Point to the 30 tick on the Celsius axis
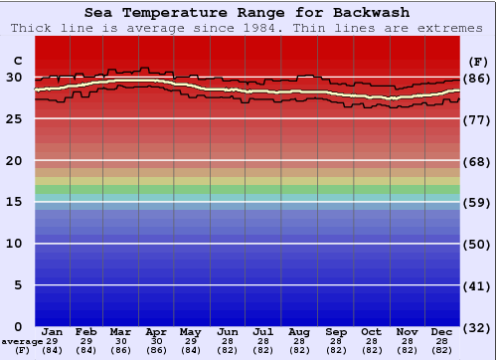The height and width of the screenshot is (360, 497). [14, 78]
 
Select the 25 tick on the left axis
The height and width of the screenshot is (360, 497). [14, 119]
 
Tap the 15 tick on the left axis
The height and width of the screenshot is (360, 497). [14, 202]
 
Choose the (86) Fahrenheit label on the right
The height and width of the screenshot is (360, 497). [478, 78]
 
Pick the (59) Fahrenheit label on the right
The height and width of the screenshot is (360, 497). [478, 202]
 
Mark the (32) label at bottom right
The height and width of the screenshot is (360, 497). [478, 327]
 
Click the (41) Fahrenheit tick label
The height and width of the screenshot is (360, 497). [478, 285]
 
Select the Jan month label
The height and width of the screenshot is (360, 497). [53, 331]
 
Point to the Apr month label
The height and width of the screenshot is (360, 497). [156, 331]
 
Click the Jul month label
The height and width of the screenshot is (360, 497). [263, 331]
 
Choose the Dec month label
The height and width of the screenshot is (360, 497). [442, 331]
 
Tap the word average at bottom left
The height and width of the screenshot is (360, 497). [23, 341]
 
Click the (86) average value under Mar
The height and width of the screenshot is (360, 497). [120, 350]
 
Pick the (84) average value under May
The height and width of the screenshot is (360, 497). [190, 350]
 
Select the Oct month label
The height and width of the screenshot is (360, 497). [371, 331]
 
